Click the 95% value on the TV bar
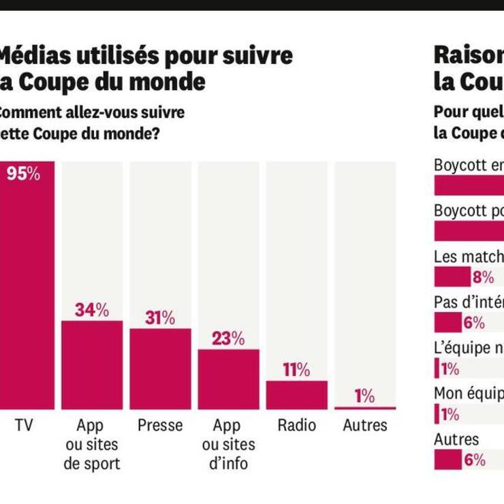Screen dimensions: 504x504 23,174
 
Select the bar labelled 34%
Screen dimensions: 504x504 92,364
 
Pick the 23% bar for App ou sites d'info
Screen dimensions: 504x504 228,379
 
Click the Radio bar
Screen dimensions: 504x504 296,394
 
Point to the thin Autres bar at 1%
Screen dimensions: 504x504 364,408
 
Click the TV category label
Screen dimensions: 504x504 24,426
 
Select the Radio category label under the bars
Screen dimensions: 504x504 296,426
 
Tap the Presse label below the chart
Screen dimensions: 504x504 160,426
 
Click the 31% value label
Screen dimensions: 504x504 160,318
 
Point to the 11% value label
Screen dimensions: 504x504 296,371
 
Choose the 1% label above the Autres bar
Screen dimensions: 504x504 364,396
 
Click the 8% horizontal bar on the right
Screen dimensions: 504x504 452,277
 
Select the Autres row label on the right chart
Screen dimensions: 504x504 456,439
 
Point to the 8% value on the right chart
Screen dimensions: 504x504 483,277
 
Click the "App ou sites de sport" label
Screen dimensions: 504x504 92,445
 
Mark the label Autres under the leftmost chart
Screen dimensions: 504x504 364,426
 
